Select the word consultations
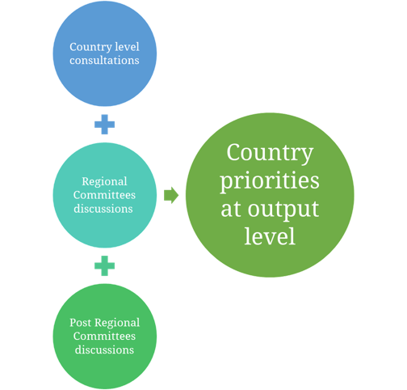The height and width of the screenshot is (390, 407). coord(104,60)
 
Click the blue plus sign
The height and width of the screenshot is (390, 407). coord(104,125)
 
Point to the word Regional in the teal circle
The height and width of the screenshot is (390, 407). coord(104,182)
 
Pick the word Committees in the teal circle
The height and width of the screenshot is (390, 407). coord(104,195)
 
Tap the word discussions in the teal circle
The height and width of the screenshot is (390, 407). coord(103,209)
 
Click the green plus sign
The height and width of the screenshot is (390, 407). coord(104,265)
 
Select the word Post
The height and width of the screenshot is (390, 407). coord(80,323)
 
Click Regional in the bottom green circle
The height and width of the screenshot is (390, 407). coord(117,323)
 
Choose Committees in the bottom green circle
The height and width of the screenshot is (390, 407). coord(104,336)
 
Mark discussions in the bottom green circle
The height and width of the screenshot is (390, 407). coord(104,350)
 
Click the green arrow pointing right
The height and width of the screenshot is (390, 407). coord(171,195)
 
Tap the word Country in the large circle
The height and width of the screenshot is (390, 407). coord(270,153)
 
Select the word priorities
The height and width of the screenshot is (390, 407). coord(270,181)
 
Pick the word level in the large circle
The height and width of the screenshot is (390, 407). coord(270,236)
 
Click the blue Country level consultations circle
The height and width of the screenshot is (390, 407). coord(104,53)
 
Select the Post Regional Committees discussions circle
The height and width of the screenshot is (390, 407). coord(104,337)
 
